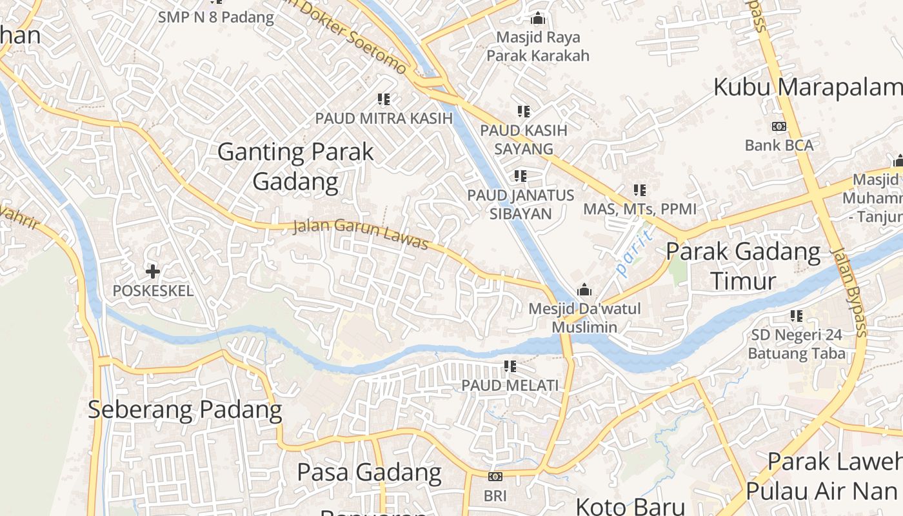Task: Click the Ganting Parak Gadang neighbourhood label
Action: (295, 166)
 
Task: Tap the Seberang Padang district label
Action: (184, 410)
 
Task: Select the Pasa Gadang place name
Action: (369, 472)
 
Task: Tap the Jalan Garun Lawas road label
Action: (361, 234)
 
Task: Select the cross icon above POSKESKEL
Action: (153, 271)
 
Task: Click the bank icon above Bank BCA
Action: (779, 126)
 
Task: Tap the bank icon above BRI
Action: (495, 477)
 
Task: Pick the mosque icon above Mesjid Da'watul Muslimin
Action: (584, 289)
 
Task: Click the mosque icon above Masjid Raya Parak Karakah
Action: (538, 18)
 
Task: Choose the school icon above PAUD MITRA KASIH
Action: (384, 99)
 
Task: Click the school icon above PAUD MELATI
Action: (510, 366)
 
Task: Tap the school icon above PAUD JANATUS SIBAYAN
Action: (520, 175)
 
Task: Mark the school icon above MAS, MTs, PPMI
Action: (640, 190)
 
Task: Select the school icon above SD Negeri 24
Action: (797, 316)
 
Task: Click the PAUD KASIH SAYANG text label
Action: (524, 139)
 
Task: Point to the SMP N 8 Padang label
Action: (216, 17)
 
